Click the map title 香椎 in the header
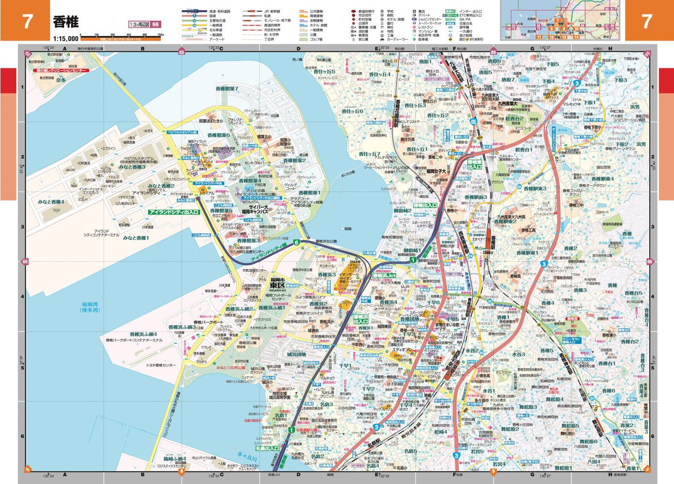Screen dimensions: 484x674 point(66,22)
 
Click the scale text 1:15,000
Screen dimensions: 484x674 point(66,39)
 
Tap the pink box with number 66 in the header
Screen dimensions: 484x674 point(155,25)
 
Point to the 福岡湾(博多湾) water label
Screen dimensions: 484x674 point(91,307)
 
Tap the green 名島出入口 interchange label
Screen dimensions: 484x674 point(267,448)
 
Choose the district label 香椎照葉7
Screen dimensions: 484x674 point(227,89)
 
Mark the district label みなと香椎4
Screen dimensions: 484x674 point(51,202)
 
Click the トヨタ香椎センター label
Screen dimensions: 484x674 point(161,365)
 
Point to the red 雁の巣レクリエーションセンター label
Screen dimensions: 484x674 point(61,71)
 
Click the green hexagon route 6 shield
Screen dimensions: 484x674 point(296,242)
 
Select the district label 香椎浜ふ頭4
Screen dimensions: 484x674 point(143,334)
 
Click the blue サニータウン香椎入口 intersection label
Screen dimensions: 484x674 point(572,340)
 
